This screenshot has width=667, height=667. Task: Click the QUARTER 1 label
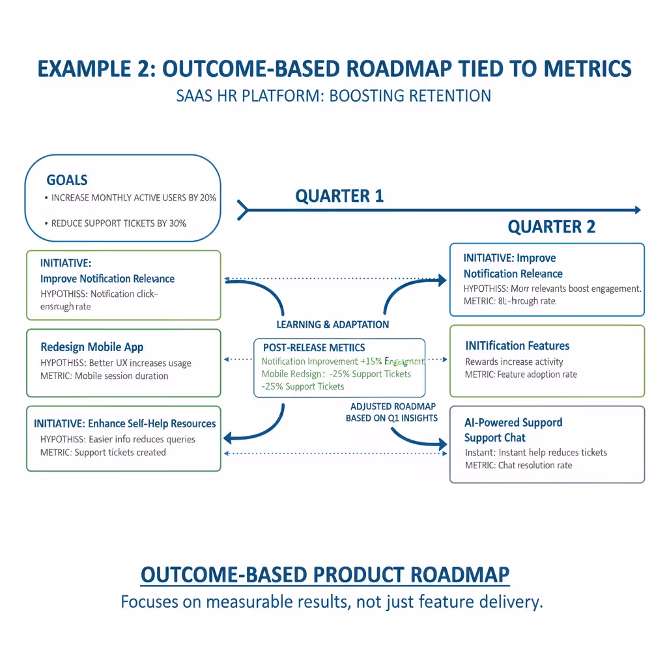pyautogui.click(x=339, y=196)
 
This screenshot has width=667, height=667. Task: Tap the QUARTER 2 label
pyautogui.click(x=551, y=227)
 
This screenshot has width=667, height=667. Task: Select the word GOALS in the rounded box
pyautogui.click(x=67, y=180)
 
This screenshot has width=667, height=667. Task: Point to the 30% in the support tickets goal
pyautogui.click(x=177, y=223)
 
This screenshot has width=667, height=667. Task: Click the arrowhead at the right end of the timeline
pyautogui.click(x=637, y=210)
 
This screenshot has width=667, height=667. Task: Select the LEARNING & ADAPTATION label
pyautogui.click(x=333, y=324)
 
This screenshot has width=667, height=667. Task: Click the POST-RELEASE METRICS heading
pyautogui.click(x=314, y=348)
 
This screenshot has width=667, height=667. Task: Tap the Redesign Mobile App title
pyautogui.click(x=92, y=347)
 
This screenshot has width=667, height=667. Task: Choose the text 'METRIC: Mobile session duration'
pyautogui.click(x=104, y=376)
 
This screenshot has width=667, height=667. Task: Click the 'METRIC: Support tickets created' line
pyautogui.click(x=103, y=453)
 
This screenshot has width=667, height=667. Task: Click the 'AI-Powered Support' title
pyautogui.click(x=513, y=423)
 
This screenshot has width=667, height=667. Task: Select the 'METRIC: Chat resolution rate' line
pyautogui.click(x=518, y=465)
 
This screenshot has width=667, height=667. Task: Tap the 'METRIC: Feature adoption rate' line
pyautogui.click(x=521, y=375)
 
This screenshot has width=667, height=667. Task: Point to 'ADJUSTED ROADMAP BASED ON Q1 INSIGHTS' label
pyautogui.click(x=391, y=412)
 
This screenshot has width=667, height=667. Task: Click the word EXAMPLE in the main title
pyautogui.click(x=85, y=69)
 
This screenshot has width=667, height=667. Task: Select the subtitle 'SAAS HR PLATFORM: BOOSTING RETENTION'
pyautogui.click(x=333, y=96)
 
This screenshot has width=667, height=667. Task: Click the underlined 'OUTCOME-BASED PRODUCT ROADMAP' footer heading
pyautogui.click(x=325, y=575)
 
